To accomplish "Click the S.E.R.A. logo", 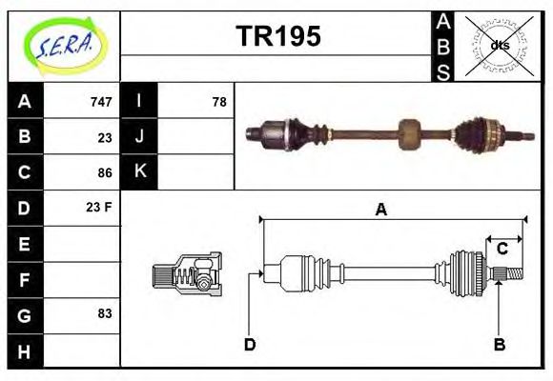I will coord(65,45).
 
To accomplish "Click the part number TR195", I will coord(277,37).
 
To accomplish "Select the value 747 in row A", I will coord(100,102).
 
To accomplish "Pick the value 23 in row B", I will coord(105,137).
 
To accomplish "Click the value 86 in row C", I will coord(105,172).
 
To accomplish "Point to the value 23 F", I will coord(100,207).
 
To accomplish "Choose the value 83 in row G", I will coord(105,313).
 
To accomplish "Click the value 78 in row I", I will coord(219,102).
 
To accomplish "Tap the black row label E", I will coord(25,244).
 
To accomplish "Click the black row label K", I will coord(140,171).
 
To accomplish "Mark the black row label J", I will coord(140,136).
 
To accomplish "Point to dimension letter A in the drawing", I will coord(380,211).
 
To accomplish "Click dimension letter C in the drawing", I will coord(502,250).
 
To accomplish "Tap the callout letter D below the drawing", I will coord(250,344).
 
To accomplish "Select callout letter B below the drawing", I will coord(499,344).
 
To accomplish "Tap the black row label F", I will coord(25,280).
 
